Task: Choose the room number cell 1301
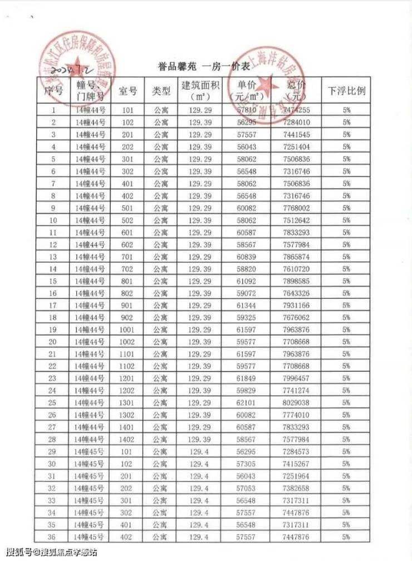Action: coord(127,402)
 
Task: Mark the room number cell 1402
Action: coord(127,439)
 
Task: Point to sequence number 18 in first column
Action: coord(53,317)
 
